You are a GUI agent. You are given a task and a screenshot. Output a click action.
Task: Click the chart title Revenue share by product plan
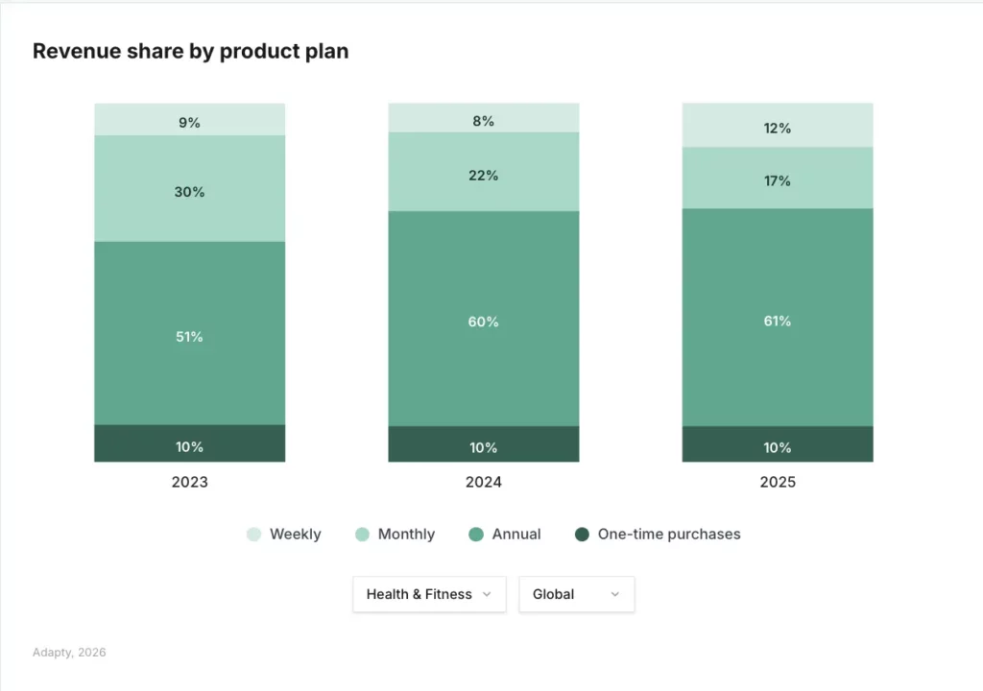click(190, 52)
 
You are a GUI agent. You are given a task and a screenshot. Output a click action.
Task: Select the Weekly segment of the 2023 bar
click(189, 120)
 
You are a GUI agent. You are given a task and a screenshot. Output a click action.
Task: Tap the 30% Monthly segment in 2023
click(189, 189)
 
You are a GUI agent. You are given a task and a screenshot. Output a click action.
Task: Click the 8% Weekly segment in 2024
click(483, 118)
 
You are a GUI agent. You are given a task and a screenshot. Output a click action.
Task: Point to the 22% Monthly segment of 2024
click(483, 173)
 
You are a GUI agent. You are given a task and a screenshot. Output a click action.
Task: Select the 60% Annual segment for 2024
click(483, 320)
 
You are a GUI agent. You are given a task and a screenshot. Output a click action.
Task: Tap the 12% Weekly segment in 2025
click(777, 126)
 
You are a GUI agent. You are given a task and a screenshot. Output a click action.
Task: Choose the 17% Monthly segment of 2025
click(777, 179)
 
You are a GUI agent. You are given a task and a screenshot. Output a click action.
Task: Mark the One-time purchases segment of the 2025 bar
click(777, 445)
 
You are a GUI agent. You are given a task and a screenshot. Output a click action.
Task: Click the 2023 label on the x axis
click(189, 482)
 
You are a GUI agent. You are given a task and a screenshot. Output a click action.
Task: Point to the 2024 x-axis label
click(483, 482)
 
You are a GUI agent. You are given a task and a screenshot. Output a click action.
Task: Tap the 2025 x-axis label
click(777, 482)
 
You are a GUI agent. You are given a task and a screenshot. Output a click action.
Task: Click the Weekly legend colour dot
click(253, 535)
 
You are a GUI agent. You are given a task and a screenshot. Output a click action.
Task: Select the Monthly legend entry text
click(406, 535)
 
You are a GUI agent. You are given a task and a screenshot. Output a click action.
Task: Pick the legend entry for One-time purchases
click(668, 535)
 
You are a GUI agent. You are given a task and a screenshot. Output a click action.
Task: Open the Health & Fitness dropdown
click(428, 594)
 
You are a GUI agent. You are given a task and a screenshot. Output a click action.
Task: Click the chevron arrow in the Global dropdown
click(614, 595)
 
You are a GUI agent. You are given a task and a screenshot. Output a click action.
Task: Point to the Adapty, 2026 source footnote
click(69, 653)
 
